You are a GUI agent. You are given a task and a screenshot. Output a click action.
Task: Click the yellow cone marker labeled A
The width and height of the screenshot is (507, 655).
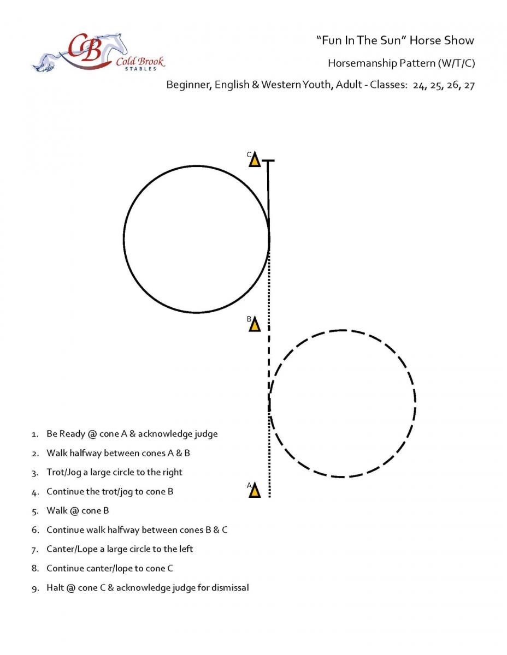255,490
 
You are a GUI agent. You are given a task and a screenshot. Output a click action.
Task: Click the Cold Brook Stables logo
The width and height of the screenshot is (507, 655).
99,53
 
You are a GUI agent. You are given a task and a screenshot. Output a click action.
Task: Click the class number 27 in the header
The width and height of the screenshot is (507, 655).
469,86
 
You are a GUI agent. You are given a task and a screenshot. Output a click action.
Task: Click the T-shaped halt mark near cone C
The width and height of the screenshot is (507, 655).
268,161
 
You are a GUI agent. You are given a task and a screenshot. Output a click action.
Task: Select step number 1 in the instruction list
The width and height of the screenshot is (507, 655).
34,434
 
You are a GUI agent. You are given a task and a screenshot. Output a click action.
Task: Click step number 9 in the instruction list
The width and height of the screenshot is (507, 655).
34,588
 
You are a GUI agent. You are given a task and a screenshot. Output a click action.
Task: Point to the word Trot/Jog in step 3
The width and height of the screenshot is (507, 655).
63,472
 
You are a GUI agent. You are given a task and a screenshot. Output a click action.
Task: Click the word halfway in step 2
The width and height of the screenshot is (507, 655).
86,453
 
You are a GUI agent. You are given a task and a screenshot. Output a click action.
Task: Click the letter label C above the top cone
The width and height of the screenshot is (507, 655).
249,155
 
